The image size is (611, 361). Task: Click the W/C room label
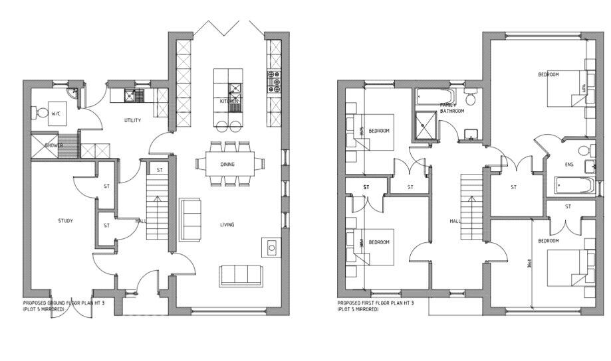56,114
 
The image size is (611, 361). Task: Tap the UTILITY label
134,120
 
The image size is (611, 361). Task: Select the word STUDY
65,221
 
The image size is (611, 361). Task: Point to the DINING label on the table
227,164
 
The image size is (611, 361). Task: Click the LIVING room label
227,224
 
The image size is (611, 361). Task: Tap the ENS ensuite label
568,164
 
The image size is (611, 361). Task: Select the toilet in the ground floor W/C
42,114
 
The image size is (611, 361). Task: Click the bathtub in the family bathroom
435,98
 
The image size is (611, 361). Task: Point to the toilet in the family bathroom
471,99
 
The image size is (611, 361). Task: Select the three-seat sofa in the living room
241,274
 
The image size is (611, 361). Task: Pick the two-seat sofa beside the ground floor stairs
190,219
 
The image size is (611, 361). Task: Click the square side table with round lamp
271,247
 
